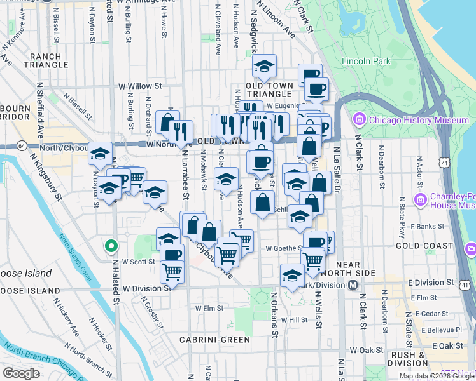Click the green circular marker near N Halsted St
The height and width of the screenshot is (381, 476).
pos(111,246)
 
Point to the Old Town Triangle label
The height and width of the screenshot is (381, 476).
pos(269,90)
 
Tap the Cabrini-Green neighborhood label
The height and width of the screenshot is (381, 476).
pos(214,340)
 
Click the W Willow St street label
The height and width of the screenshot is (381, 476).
pos(140,86)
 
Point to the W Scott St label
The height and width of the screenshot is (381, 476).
pos(139,261)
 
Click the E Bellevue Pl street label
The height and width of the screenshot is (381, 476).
pos(438,330)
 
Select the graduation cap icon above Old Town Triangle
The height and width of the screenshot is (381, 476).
pos(264,66)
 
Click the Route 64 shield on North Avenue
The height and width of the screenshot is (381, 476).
pos(22,145)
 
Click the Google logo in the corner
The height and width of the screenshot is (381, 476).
pos(21,373)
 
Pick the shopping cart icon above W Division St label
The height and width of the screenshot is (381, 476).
pos(172,272)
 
